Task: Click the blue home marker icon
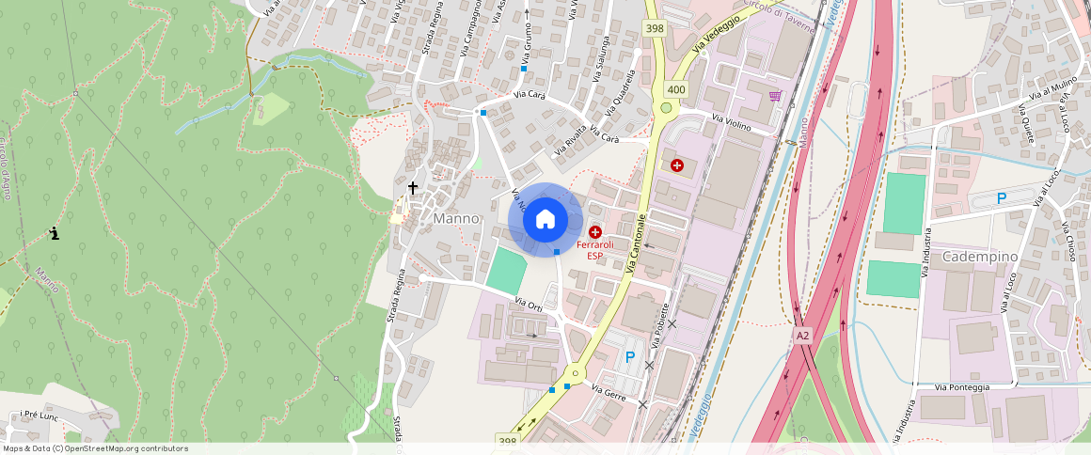pyautogui.click(x=545, y=220)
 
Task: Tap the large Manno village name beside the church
pyautogui.click(x=456, y=218)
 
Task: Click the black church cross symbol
pyautogui.click(x=412, y=188)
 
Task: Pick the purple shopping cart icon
pyautogui.click(x=775, y=96)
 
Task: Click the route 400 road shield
pyautogui.click(x=675, y=89)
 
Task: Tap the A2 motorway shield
pyautogui.click(x=802, y=335)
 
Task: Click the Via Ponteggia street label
pyautogui.click(x=962, y=387)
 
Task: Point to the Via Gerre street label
pyautogui.click(x=609, y=388)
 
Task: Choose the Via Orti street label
pyautogui.click(x=530, y=305)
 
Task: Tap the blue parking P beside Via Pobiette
pyautogui.click(x=630, y=357)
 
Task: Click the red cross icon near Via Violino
pyautogui.click(x=677, y=165)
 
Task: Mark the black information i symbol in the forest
pyautogui.click(x=55, y=233)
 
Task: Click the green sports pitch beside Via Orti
pyautogui.click(x=507, y=271)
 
